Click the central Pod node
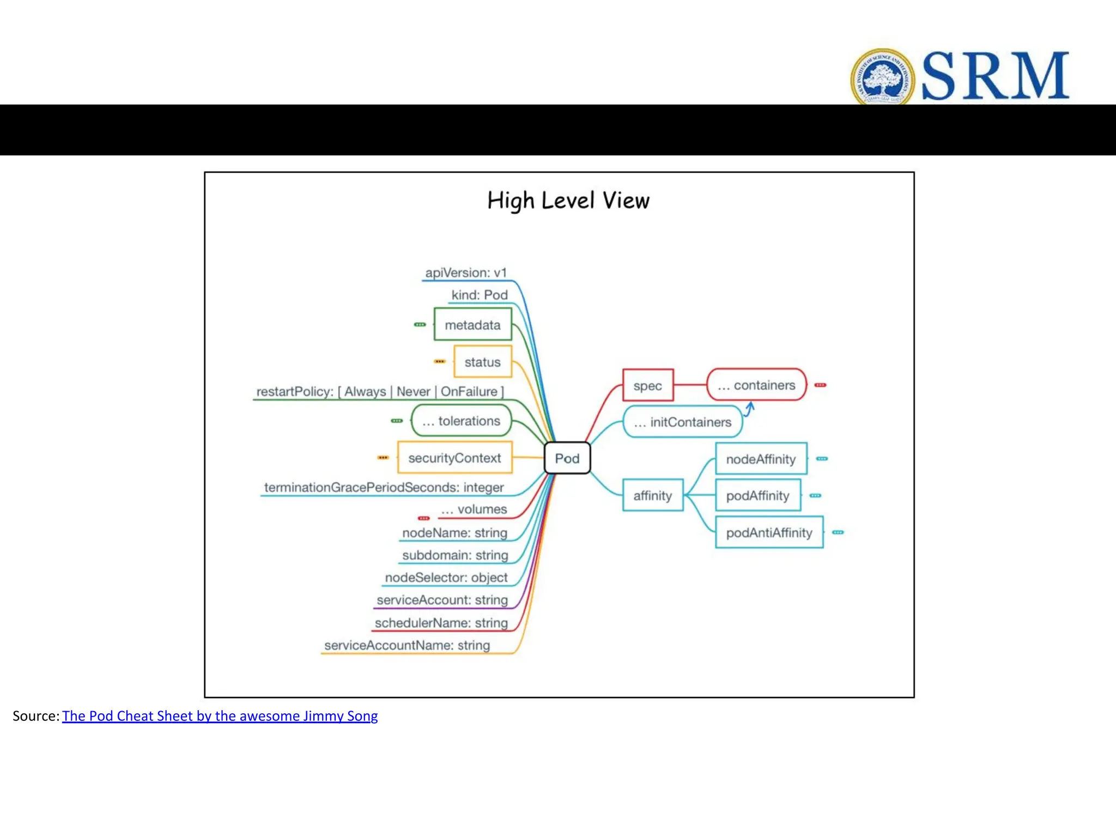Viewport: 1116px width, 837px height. click(x=567, y=458)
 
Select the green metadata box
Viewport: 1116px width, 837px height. click(x=472, y=325)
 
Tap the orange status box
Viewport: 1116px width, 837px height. click(x=482, y=362)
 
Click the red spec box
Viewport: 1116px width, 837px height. click(x=648, y=385)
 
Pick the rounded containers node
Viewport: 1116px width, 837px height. click(x=756, y=385)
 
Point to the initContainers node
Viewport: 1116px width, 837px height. click(x=682, y=422)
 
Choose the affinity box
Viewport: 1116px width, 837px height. click(x=652, y=495)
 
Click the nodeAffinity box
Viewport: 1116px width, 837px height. click(x=761, y=459)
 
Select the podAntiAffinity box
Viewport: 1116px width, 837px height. click(x=769, y=532)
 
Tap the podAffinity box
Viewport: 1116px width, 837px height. click(x=757, y=495)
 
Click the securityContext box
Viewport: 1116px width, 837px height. click(x=454, y=458)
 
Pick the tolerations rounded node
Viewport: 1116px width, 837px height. click(x=462, y=421)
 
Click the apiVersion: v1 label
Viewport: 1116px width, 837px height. click(x=466, y=272)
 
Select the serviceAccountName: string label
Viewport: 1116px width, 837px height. click(x=407, y=645)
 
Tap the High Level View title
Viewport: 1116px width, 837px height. click(x=568, y=201)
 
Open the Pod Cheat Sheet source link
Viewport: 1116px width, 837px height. click(x=220, y=715)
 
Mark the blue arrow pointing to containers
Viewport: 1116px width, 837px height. click(x=749, y=409)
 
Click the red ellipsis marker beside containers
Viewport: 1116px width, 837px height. click(x=820, y=385)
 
